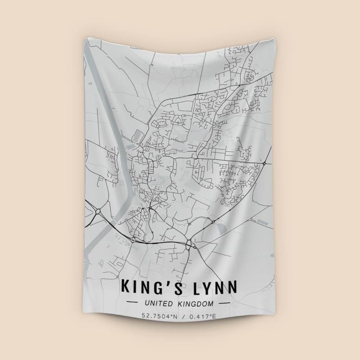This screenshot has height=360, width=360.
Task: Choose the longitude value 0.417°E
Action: point(202,316)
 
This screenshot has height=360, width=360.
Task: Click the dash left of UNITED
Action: point(134,304)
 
